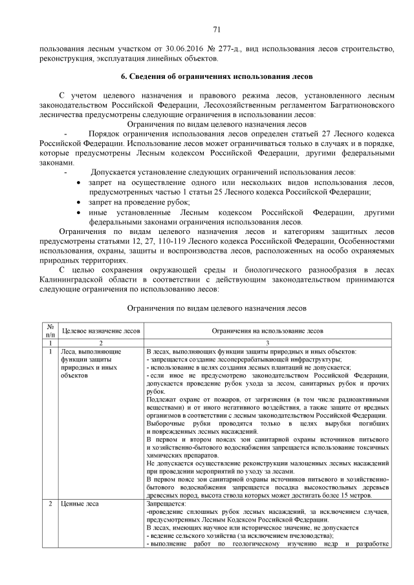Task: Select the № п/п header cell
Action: click(x=50, y=330)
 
